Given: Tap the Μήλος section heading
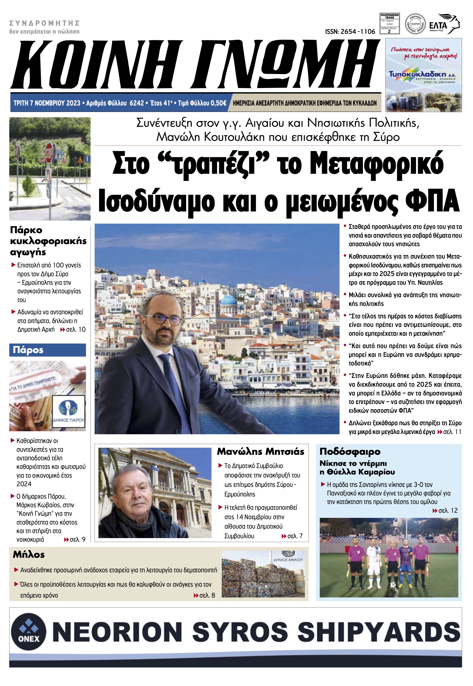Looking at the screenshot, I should [29, 555].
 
